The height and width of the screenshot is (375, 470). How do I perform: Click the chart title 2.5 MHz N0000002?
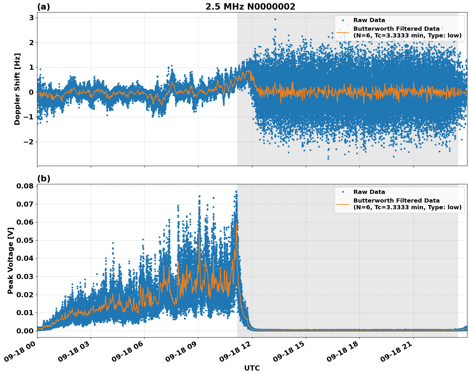tap(250, 7)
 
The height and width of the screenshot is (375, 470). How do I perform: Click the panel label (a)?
tap(43, 7)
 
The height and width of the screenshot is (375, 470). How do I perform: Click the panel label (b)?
tap(43, 179)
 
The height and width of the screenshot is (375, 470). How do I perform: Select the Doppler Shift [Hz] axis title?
tap(17, 89)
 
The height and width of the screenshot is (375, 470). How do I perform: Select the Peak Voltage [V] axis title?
tap(11, 260)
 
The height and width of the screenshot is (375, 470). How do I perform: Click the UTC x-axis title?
tap(252, 368)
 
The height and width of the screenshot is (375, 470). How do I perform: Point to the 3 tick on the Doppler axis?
tap(31, 18)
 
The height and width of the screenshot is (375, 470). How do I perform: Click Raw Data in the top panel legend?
tap(369, 20)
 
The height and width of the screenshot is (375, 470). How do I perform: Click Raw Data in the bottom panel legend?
tap(369, 192)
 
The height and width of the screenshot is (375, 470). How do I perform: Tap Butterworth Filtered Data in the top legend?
tap(396, 29)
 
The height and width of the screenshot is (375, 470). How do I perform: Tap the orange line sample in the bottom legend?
tap(343, 204)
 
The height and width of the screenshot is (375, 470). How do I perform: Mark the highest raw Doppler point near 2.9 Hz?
tap(275, 19)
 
